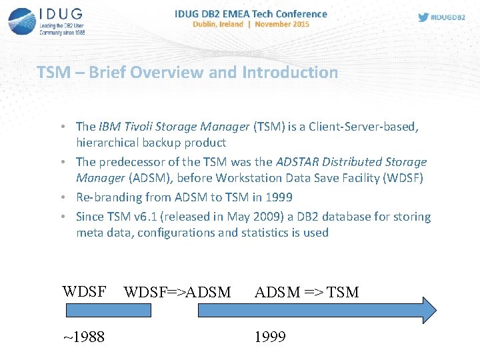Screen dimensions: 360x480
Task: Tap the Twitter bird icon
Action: pyautogui.click(x=423, y=18)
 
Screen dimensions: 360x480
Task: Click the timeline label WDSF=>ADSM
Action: pyautogui.click(x=177, y=292)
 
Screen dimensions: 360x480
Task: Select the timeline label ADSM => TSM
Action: pyautogui.click(x=307, y=292)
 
